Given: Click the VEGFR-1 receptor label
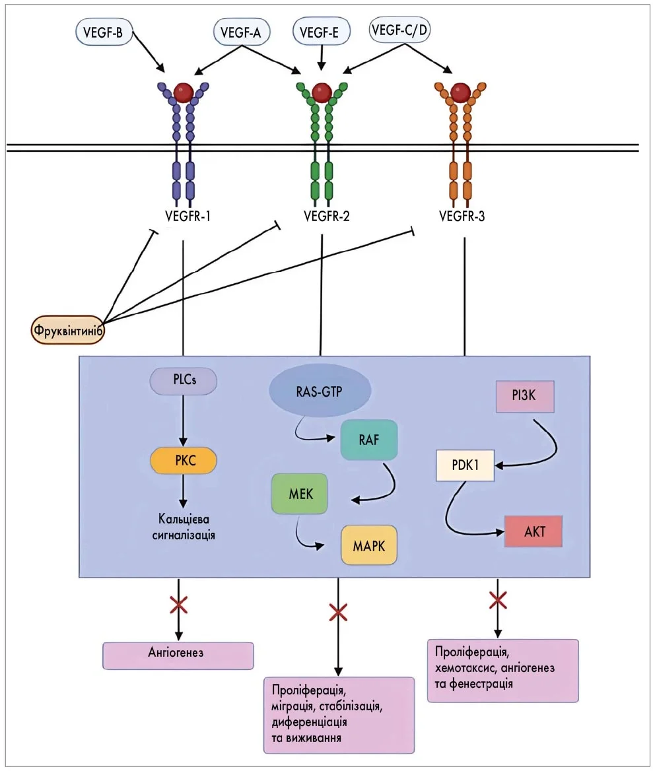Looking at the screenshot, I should pyautogui.click(x=188, y=215).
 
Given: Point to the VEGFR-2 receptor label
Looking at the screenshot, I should pyautogui.click(x=326, y=215).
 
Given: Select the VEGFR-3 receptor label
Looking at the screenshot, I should pyautogui.click(x=462, y=215).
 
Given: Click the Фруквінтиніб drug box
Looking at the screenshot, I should pyautogui.click(x=68, y=330).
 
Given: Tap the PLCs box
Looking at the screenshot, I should pyautogui.click(x=184, y=381).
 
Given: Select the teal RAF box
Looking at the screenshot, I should pyautogui.click(x=369, y=439).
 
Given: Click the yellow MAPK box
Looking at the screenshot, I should pyautogui.click(x=369, y=545).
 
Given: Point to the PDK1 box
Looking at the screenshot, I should pyautogui.click(x=466, y=465).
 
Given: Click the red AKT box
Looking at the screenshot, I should pyautogui.click(x=533, y=531).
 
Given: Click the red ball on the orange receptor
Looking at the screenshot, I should pyautogui.click(x=461, y=91).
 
